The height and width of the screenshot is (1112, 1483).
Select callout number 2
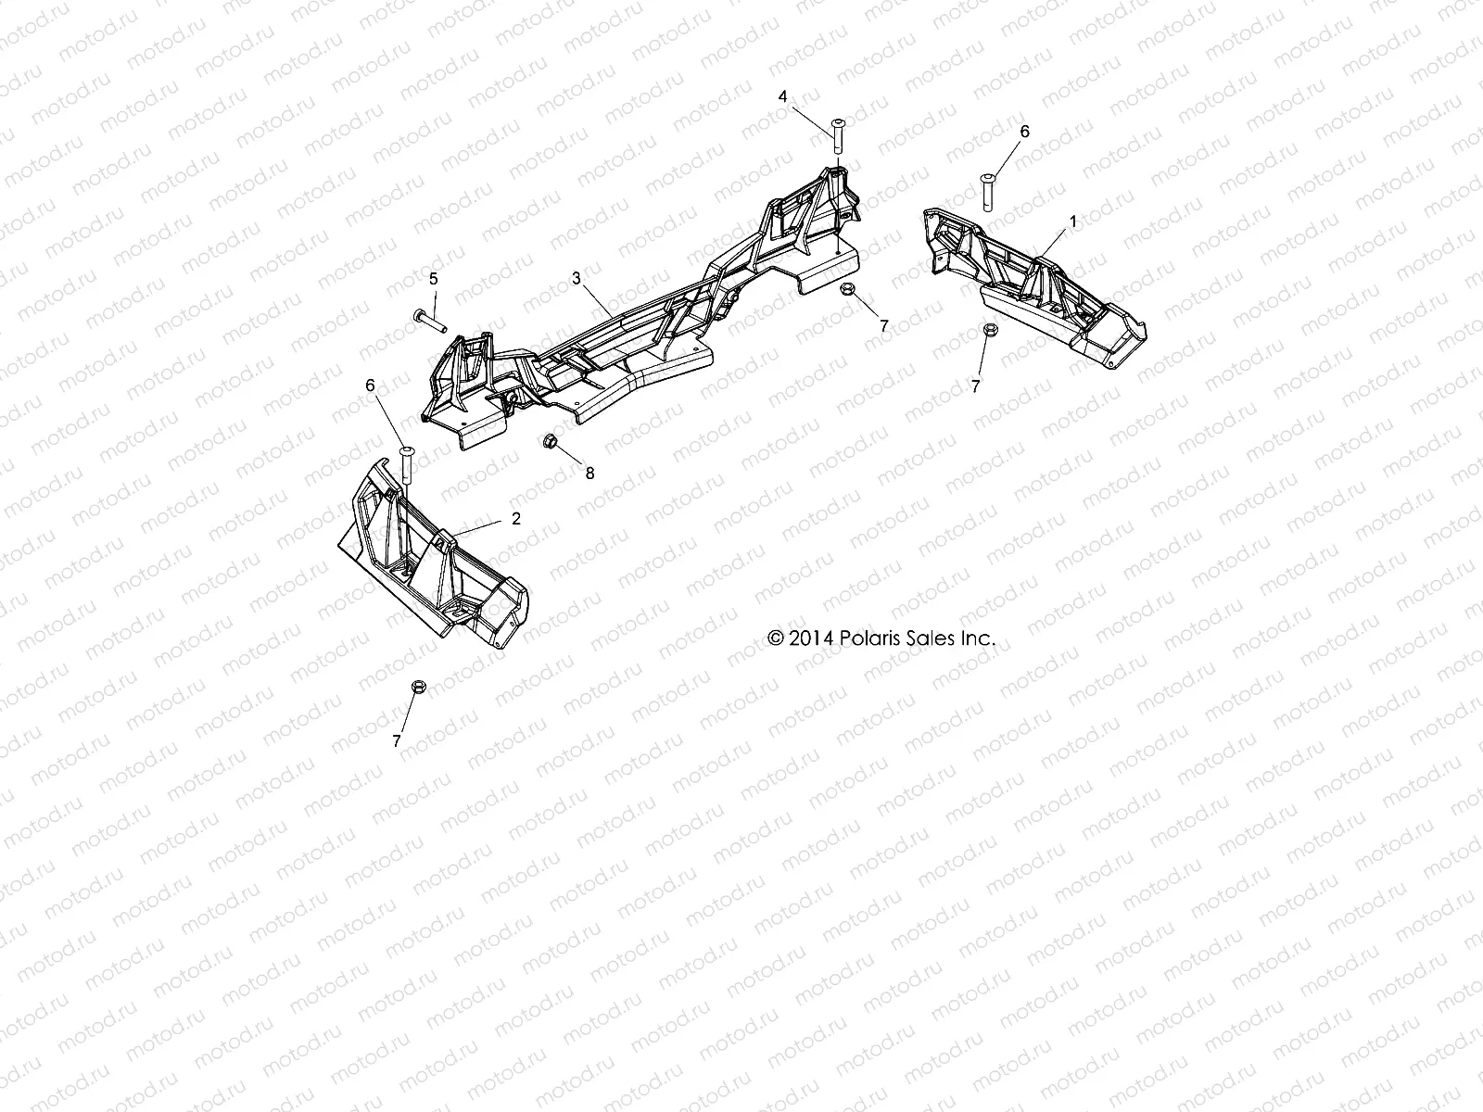pos(516,519)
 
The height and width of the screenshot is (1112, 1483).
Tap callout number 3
pos(576,278)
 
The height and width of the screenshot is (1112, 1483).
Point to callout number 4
pos(782,96)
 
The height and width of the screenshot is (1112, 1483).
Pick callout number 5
pos(433,278)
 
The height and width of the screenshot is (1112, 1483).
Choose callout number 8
pos(589,473)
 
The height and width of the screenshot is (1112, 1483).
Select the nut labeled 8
pos(549,439)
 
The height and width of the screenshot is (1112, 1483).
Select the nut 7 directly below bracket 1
pos(988,331)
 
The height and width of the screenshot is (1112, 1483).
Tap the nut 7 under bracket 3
pos(846,290)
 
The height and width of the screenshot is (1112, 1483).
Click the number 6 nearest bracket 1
pos(1024,133)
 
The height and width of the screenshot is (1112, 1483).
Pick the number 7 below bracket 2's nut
pos(397,741)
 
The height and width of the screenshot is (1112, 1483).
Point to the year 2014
pos(812,638)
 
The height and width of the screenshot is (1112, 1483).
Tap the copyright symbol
pos(776,638)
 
